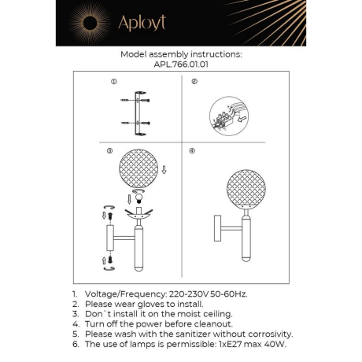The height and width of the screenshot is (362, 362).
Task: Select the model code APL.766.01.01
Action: coord(180,66)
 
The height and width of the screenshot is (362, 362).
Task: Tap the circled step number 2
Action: coord(193,81)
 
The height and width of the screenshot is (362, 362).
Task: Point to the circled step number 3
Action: coord(111,150)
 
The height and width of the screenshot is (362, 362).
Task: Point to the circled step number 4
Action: coord(192,150)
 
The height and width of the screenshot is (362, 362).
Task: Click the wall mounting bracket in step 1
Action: coord(141,111)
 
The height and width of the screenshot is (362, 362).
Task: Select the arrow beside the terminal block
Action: coord(242,120)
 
